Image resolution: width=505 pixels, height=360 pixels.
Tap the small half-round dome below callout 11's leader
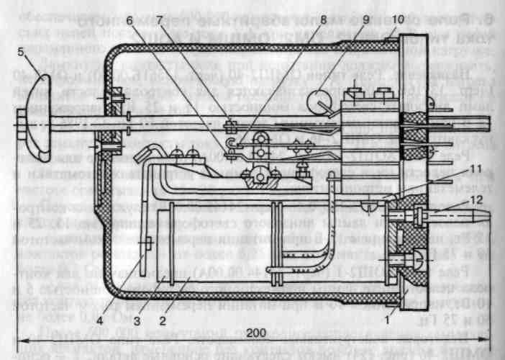pos(368,208)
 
